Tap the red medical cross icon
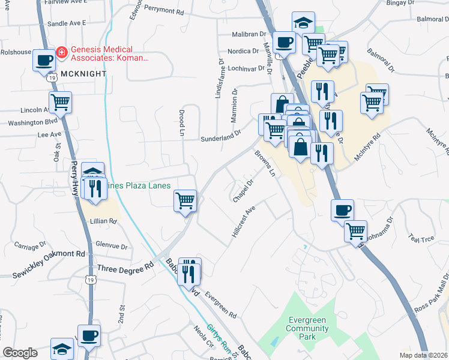tap(61, 53)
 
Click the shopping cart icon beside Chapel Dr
tap(185, 200)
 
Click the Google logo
tap(20, 353)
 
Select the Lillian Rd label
tap(104, 221)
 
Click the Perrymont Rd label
tap(163, 11)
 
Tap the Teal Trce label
tap(420, 238)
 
